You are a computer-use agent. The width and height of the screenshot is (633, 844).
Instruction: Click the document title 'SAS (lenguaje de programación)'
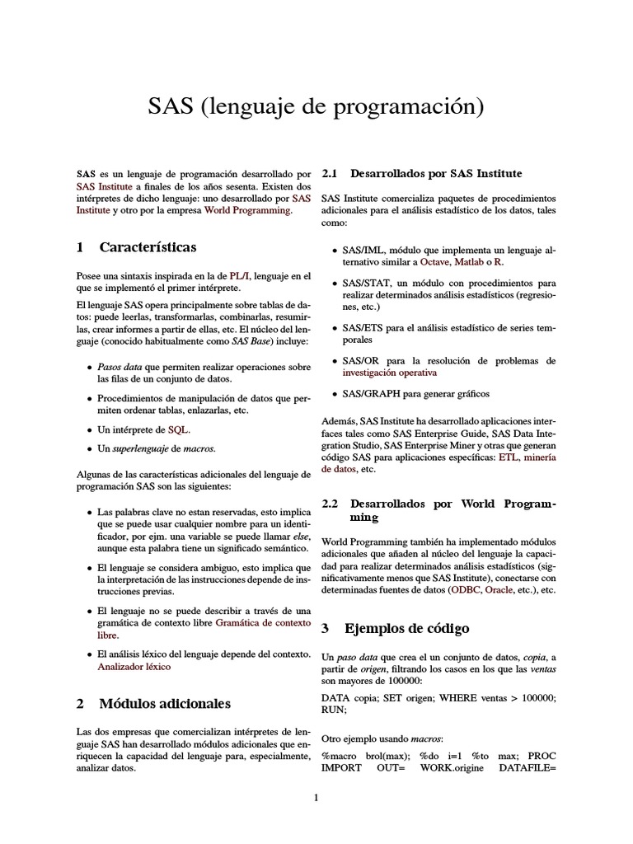pyautogui.click(x=316, y=106)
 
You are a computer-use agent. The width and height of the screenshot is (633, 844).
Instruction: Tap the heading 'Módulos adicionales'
pyautogui.click(x=165, y=703)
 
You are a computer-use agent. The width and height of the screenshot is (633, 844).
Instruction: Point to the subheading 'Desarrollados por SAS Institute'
pyautogui.click(x=436, y=174)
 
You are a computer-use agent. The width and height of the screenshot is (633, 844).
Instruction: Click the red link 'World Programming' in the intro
pyautogui.click(x=247, y=210)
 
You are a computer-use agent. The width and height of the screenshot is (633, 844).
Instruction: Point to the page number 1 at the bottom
pyautogui.click(x=316, y=797)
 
